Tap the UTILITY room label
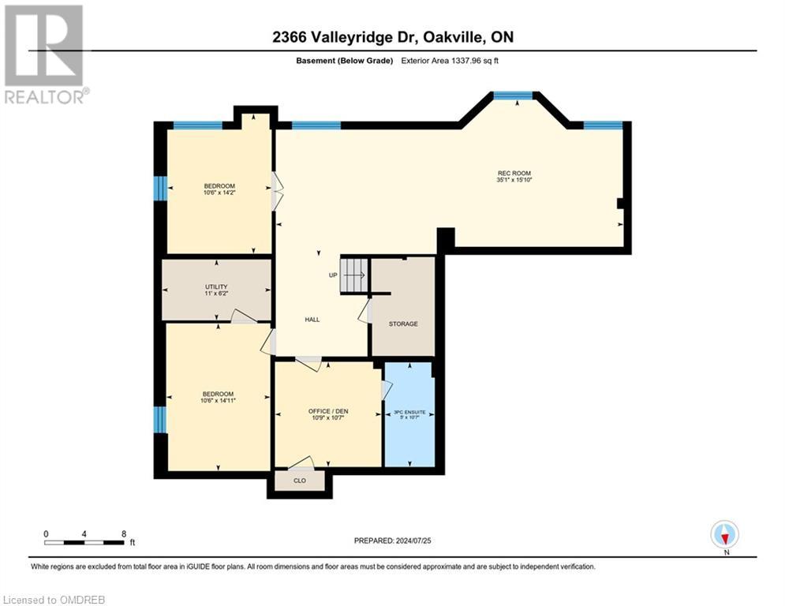216,286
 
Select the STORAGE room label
403,324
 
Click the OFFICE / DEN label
328,411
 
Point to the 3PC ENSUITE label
409,412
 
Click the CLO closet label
299,480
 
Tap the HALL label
312,320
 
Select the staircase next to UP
354,275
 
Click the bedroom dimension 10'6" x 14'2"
219,193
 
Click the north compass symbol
723,535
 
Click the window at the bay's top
513,95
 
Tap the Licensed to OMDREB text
53,600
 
